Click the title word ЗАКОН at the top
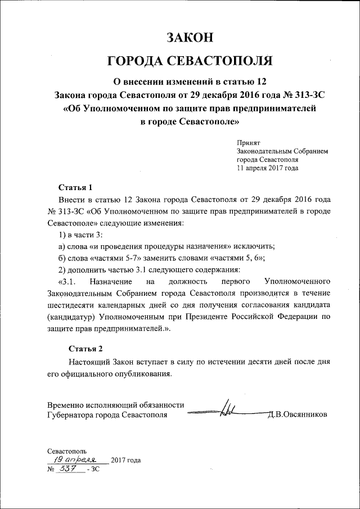point(190,38)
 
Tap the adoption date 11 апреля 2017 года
point(267,168)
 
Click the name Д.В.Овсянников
point(298,415)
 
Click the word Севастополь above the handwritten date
point(67,451)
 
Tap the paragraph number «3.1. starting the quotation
point(71,281)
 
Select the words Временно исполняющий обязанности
point(116,405)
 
